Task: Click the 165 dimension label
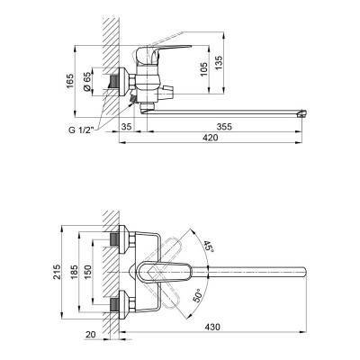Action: pos(69,81)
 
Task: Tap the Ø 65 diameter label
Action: pos(87,81)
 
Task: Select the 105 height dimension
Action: pos(203,69)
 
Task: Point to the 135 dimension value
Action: pos(220,63)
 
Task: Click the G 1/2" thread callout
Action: pos(81,130)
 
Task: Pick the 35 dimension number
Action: pos(127,127)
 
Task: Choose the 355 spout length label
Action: pos(224,127)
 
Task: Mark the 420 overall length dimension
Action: pos(210,138)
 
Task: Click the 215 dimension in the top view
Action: pos(57,272)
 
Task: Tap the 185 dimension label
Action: pos(74,272)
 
